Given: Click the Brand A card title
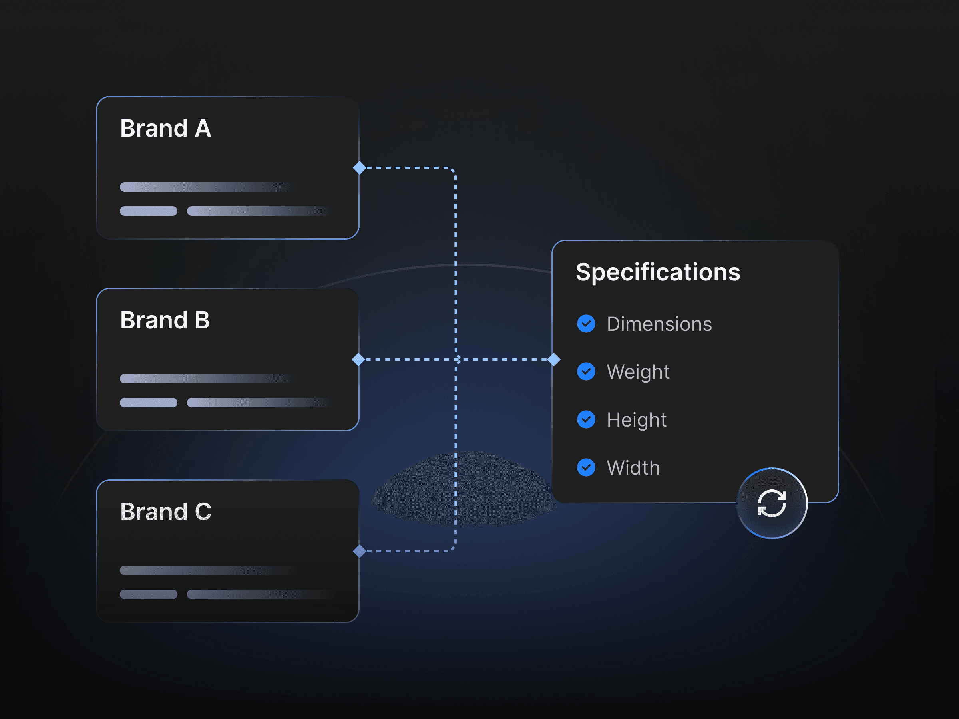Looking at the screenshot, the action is click(165, 129).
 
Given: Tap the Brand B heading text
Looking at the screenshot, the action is click(165, 320).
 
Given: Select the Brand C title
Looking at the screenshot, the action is click(165, 512).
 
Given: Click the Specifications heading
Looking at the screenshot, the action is click(658, 272).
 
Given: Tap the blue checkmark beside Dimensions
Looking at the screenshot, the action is click(586, 324).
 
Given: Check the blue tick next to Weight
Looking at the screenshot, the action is click(586, 371).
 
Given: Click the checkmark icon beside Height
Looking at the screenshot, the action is click(586, 419).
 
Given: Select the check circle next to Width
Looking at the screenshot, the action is click(586, 467).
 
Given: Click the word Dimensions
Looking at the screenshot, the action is click(659, 324).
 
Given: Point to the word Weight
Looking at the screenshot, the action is click(638, 372).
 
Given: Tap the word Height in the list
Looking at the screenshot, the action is click(637, 420).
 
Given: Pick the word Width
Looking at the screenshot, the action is click(633, 468).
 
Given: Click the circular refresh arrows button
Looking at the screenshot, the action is click(772, 503).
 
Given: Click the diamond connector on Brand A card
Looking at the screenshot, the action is click(359, 168).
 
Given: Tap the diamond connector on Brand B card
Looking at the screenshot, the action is click(358, 359).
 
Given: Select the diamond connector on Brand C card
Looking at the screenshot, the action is click(359, 551).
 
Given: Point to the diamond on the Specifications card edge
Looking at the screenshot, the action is click(554, 359).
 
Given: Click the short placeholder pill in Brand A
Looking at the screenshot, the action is click(148, 211).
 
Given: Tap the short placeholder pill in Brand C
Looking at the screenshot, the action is click(148, 594).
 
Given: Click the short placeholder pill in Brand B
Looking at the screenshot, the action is click(148, 403).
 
